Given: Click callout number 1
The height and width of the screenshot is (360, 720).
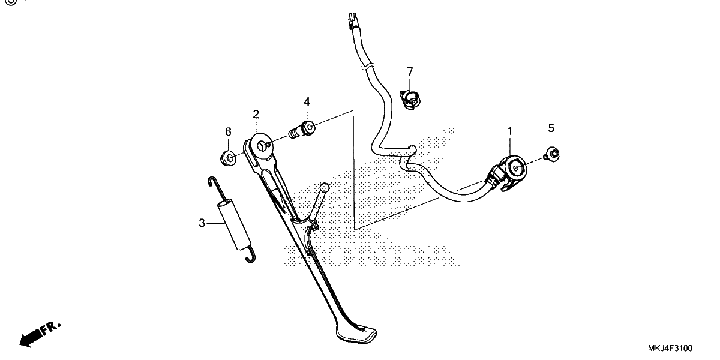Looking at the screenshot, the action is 510,131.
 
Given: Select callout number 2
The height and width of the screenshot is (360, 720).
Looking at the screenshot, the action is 256,115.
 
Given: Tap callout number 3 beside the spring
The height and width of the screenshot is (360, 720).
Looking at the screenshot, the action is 202,223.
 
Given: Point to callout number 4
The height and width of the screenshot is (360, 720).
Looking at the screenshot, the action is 307,102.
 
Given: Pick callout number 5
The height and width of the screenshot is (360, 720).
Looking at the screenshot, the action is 551,128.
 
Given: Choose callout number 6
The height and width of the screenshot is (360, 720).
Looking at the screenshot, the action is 228,132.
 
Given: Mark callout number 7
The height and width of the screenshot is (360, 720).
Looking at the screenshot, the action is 410,71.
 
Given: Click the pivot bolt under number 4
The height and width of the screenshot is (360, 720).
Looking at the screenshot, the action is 302,130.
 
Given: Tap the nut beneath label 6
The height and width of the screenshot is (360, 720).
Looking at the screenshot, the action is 229,158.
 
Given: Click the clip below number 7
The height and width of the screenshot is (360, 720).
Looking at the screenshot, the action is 410,100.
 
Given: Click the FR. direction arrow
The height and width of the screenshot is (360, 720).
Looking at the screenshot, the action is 39,335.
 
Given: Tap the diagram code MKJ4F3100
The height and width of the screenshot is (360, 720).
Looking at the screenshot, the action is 670,348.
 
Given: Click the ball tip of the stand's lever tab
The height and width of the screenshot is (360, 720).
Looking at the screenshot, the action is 325,188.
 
